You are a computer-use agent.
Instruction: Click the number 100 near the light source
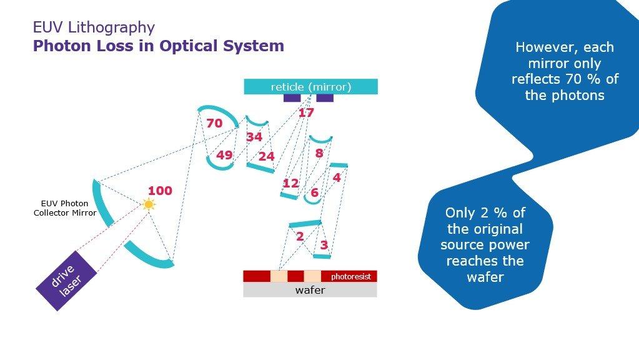point(160,191)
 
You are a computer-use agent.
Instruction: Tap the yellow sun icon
point(148,204)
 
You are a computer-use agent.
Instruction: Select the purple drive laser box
point(66,280)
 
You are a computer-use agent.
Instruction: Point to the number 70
point(214,124)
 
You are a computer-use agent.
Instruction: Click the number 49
point(224,156)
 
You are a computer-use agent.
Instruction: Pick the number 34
point(254,137)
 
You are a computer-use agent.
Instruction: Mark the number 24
point(266,156)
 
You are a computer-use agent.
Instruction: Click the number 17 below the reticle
point(306,113)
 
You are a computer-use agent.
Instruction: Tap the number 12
point(290,183)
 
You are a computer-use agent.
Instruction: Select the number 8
point(319,153)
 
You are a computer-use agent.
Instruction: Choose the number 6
point(314,193)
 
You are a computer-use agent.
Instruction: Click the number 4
point(337,177)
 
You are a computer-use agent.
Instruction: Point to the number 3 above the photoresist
point(324,245)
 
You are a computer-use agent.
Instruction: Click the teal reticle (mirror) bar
point(310,87)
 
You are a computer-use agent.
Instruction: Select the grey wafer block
point(310,290)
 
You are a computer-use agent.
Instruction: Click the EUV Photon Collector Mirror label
point(65,208)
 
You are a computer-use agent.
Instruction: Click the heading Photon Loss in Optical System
point(159,46)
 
